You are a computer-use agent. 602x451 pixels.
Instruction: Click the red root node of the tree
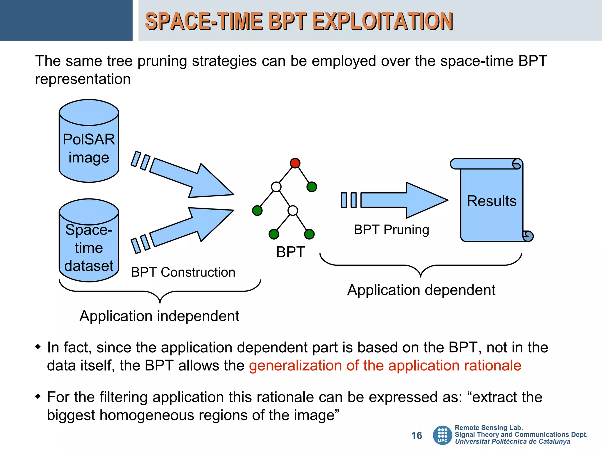click(295, 163)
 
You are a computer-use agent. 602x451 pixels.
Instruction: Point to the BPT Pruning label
click(391, 230)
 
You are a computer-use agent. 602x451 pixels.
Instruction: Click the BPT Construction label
click(183, 272)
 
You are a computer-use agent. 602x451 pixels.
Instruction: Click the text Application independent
click(159, 316)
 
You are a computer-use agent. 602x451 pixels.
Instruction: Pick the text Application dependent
click(421, 290)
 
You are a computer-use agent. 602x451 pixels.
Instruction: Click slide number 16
click(416, 435)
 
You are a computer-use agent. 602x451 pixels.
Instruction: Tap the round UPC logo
click(442, 435)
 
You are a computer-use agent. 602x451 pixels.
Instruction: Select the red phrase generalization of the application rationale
click(385, 366)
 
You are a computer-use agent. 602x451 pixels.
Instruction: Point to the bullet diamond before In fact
click(38, 347)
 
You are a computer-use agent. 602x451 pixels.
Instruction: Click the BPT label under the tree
click(290, 252)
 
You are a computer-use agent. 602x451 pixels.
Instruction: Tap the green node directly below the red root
click(312, 187)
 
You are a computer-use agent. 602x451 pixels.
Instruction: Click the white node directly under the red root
click(276, 187)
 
